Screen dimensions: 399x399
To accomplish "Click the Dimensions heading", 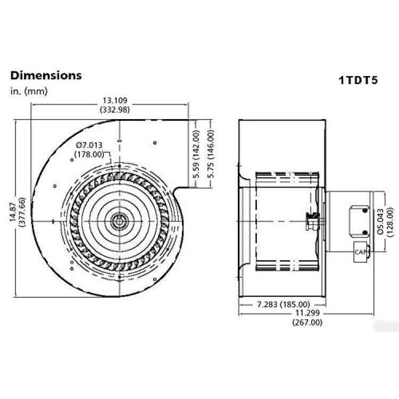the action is point(46,76).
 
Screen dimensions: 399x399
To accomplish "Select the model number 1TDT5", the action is point(358,80).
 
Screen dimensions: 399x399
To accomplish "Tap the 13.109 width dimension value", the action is point(115,100).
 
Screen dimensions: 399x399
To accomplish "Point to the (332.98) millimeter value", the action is point(115,110).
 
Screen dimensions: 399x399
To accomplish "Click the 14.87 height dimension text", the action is point(13,212).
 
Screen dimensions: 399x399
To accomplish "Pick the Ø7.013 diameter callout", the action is point(89,145).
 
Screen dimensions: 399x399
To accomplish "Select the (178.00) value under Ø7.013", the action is point(89,154).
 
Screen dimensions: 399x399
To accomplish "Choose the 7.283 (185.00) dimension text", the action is point(284,304).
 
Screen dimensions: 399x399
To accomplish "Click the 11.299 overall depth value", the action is point(307,313).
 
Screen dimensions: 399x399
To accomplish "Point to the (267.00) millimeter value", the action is point(307,322).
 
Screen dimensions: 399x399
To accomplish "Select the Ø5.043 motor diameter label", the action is point(380,221).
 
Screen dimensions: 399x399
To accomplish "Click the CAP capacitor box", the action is point(360,252).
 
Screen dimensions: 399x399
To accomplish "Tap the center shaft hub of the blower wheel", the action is point(119,221).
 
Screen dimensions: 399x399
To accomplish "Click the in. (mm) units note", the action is point(29,91).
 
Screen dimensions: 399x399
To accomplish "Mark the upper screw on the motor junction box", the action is point(365,211).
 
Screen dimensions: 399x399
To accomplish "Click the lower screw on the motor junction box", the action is point(365,232).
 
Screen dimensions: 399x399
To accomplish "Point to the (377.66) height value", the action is point(22,212).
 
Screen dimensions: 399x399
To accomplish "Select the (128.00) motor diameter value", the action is point(389,222).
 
